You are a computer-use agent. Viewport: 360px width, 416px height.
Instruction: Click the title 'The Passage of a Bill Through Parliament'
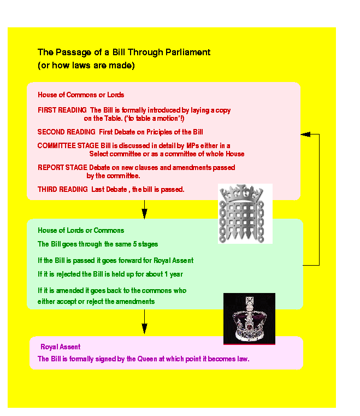pyautogui.click(x=123, y=52)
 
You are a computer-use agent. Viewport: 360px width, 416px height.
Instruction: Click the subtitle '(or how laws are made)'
pyautogui.click(x=86, y=66)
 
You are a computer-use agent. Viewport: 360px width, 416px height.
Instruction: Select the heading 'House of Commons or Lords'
pyautogui.click(x=81, y=95)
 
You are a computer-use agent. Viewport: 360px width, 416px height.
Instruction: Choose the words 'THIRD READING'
pyautogui.click(x=62, y=190)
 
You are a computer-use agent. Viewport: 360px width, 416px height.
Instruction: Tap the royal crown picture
pyautogui.click(x=249, y=319)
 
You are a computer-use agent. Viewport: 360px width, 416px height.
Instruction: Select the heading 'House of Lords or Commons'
pyautogui.click(x=81, y=230)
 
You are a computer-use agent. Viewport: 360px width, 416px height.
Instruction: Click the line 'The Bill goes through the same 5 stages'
pyautogui.click(x=98, y=244)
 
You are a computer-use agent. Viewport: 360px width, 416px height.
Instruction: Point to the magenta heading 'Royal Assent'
pyautogui.click(x=61, y=347)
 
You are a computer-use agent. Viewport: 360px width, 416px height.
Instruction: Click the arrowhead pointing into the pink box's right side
pyautogui.click(x=304, y=134)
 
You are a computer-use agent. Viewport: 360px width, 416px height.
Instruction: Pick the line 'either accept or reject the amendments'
pyautogui.click(x=96, y=301)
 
